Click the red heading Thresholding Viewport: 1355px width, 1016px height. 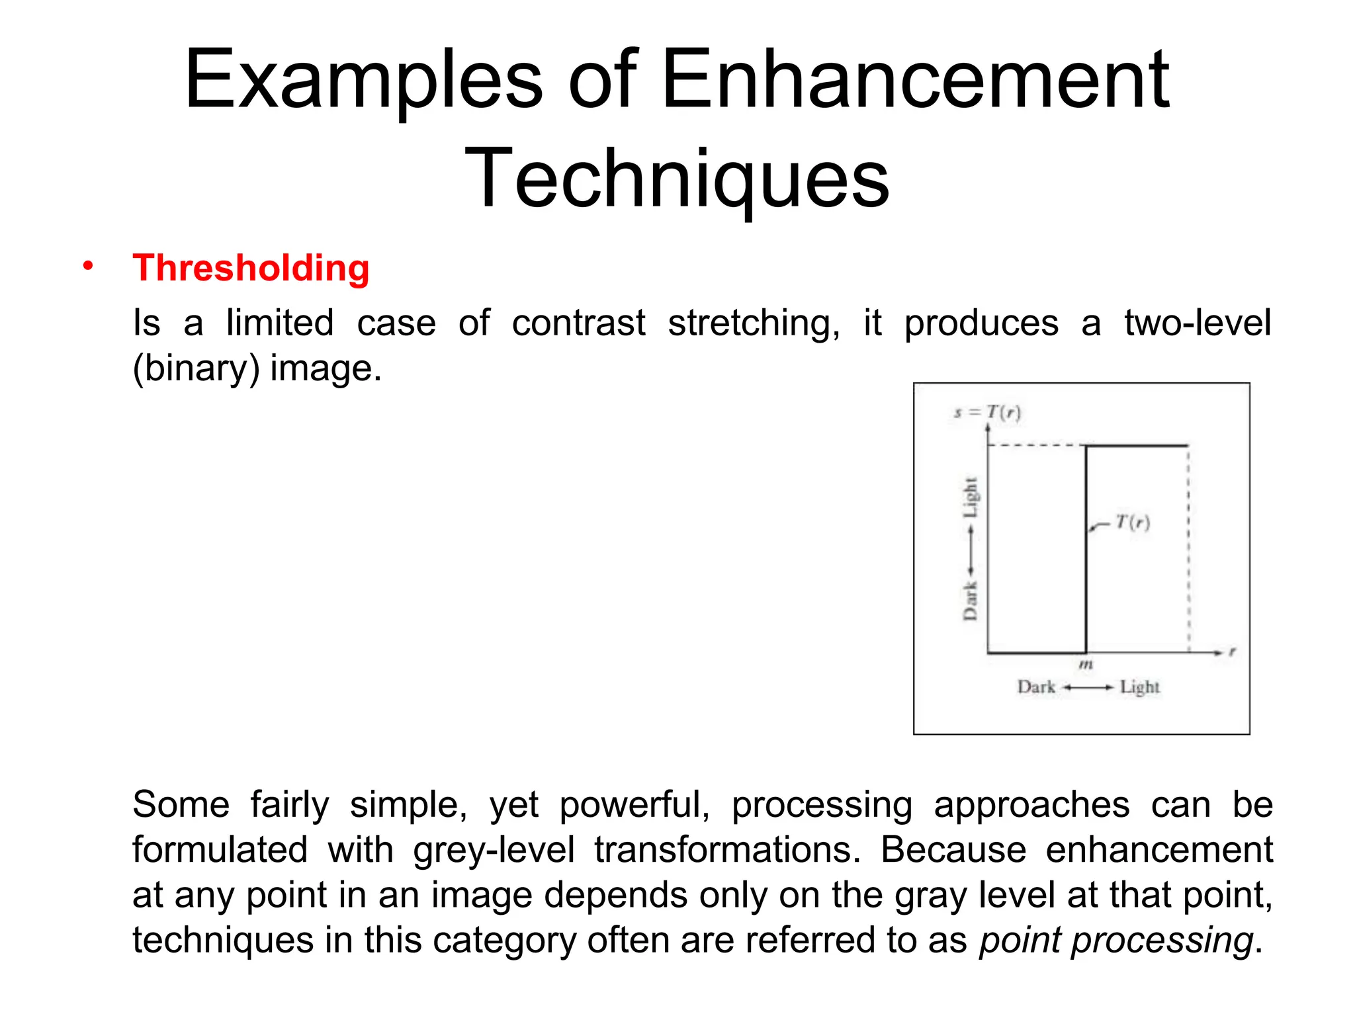(251, 268)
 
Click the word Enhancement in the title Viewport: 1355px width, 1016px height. (915, 81)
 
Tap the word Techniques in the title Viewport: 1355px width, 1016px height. (677, 179)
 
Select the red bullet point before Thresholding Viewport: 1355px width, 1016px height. (88, 266)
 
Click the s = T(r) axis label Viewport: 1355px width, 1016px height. (987, 413)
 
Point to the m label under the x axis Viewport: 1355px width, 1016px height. (1086, 664)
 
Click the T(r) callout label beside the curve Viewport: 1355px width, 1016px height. (1133, 523)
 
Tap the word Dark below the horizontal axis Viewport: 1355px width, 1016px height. (1036, 687)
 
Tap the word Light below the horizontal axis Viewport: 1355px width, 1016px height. (1139, 687)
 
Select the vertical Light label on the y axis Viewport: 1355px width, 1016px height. (970, 497)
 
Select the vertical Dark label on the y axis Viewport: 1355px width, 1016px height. (970, 601)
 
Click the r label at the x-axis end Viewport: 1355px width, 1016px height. (1233, 652)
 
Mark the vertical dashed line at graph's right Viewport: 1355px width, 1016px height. (1189, 549)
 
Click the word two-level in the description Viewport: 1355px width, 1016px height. (1198, 323)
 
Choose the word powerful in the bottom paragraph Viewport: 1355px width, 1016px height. (634, 805)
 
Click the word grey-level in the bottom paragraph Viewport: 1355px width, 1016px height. (494, 850)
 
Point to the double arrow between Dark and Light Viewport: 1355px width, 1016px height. (1088, 688)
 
